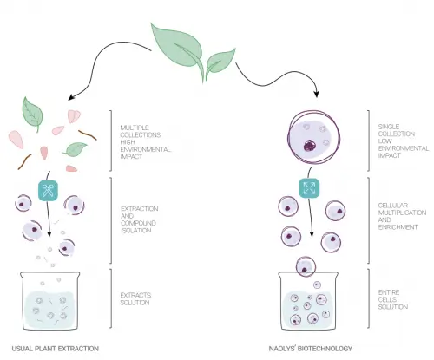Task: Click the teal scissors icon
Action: (x=48, y=191)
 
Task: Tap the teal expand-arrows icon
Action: (x=309, y=188)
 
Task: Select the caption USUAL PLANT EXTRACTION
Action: (x=56, y=349)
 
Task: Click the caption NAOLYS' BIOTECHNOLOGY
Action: (x=311, y=349)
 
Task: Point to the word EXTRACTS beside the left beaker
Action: (x=135, y=295)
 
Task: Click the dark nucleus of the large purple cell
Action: (x=311, y=146)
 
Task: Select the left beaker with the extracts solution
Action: (x=50, y=301)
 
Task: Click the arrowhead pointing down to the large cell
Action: (x=317, y=94)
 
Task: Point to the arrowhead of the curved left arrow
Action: (x=71, y=97)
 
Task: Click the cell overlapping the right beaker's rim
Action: (x=306, y=266)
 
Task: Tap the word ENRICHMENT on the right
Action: (x=398, y=227)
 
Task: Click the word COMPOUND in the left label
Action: (x=138, y=223)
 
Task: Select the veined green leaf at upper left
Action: (x=32, y=114)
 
